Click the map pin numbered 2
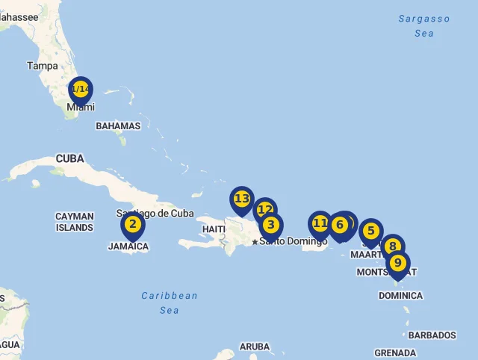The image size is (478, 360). click(133, 225)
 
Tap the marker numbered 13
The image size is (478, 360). click(241, 199)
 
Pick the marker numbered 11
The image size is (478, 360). click(320, 223)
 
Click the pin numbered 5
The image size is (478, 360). click(370, 232)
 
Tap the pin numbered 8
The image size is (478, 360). click(392, 246)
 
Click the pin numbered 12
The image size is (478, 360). click(264, 210)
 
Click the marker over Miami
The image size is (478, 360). click(80, 90)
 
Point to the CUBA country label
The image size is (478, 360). click(69, 158)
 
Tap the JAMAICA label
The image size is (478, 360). click(128, 246)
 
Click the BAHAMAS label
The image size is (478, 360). click(118, 126)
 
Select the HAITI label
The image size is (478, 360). click(214, 229)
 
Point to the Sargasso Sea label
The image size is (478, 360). click(424, 26)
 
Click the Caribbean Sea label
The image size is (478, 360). click(170, 302)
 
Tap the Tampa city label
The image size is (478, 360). click(43, 66)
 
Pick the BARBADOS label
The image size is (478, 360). click(432, 335)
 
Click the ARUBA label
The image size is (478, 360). click(255, 347)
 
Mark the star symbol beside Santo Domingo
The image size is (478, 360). click(255, 241)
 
